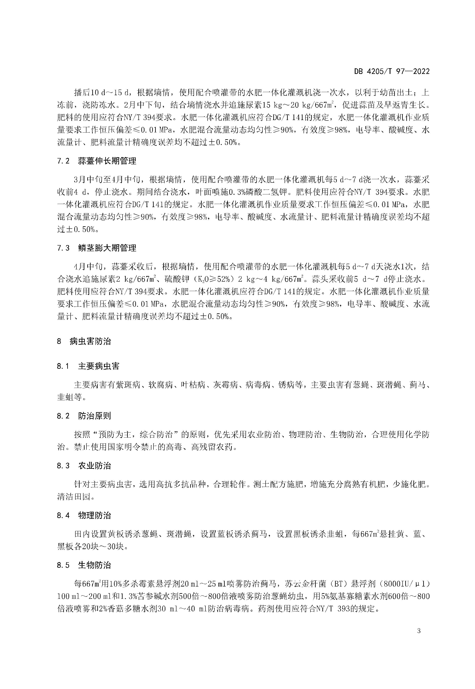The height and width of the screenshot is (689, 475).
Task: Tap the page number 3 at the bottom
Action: [x=419, y=631]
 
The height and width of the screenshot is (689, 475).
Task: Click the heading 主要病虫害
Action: [x=99, y=366]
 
